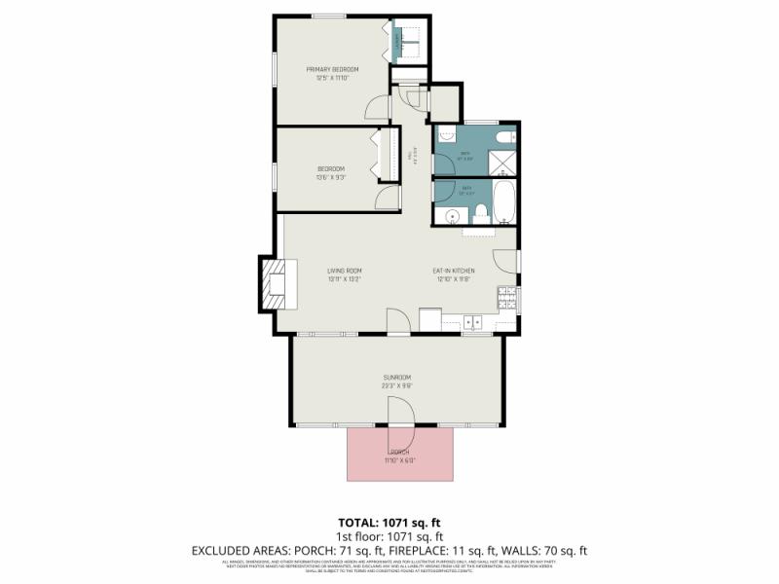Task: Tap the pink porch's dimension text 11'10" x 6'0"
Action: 400,461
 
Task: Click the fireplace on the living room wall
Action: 274,284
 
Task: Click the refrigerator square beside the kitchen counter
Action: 429,319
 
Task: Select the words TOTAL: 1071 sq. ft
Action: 389,521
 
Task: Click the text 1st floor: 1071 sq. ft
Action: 389,536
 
